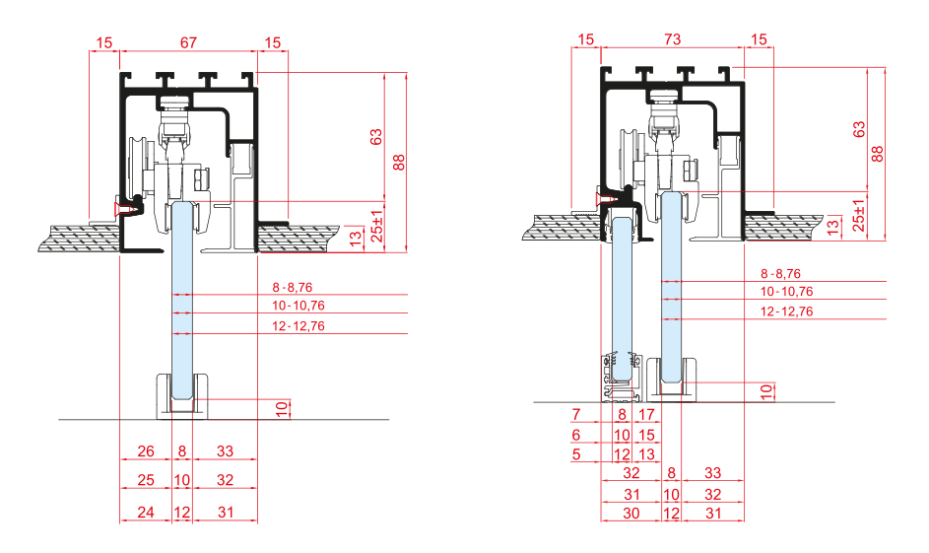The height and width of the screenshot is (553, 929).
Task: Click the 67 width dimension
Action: pyautogui.click(x=188, y=42)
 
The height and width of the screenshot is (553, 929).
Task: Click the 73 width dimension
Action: pyautogui.click(x=672, y=39)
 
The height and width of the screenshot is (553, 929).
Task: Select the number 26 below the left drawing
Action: pyautogui.click(x=146, y=451)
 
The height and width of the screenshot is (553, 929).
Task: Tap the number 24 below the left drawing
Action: pyautogui.click(x=146, y=513)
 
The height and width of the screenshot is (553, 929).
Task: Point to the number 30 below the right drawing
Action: pyautogui.click(x=631, y=513)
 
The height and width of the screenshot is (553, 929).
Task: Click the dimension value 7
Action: pyautogui.click(x=576, y=414)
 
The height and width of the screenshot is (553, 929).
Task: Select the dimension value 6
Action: pyautogui.click(x=576, y=435)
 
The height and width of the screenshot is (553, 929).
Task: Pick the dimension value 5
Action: pyautogui.click(x=576, y=454)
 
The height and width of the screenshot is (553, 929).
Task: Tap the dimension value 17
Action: pyautogui.click(x=646, y=414)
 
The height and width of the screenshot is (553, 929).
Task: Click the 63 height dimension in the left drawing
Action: pyautogui.click(x=375, y=137)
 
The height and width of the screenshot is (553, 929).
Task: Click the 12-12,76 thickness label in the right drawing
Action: pyautogui.click(x=786, y=311)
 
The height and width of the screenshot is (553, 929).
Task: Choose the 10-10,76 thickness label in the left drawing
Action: pyautogui.click(x=298, y=307)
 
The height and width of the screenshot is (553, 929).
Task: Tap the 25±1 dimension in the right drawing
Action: pyautogui.click(x=858, y=216)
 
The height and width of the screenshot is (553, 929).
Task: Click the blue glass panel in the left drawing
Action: pyautogui.click(x=182, y=296)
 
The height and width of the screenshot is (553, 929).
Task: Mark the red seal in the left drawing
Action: pyautogui.click(x=126, y=207)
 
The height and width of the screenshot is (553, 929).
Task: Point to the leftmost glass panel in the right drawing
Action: pyautogui.click(x=622, y=296)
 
